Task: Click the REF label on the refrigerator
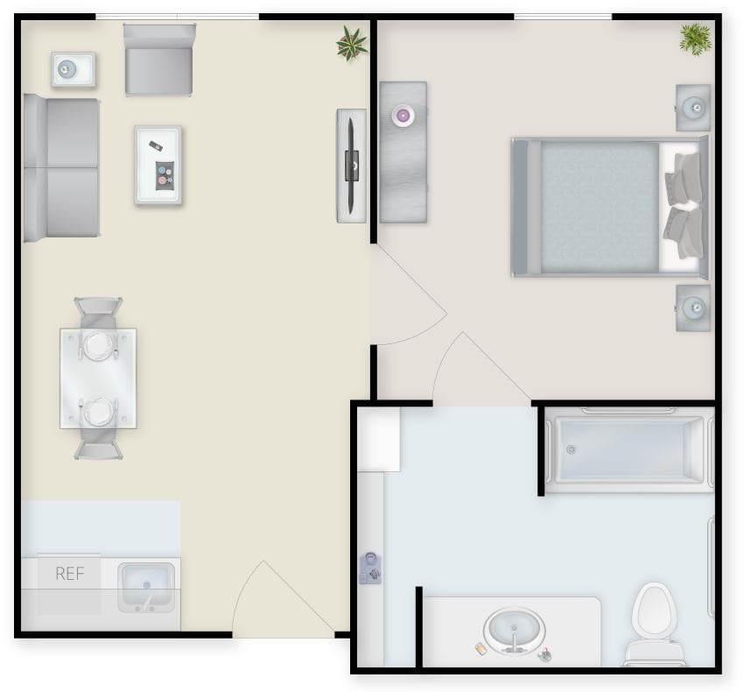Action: tap(69, 575)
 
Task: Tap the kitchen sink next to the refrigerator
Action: tap(146, 586)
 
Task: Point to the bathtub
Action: tap(628, 449)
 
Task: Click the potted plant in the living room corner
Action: tap(352, 43)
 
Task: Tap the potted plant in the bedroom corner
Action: tap(695, 39)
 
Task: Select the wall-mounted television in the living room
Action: tap(351, 164)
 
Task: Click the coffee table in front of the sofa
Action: tap(158, 165)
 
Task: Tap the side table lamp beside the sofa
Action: tap(73, 69)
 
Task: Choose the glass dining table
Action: tap(98, 378)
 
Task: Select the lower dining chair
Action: tap(98, 441)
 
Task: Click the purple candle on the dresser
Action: tap(403, 114)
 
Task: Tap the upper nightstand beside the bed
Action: tap(693, 108)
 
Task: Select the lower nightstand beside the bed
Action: tap(693, 307)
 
